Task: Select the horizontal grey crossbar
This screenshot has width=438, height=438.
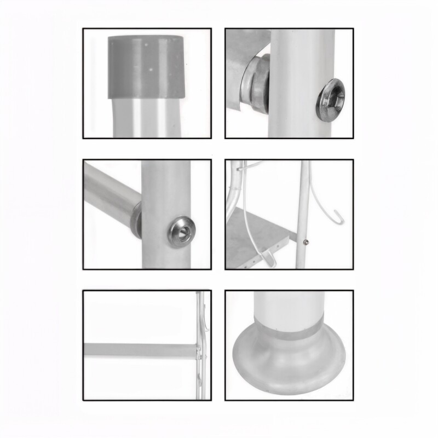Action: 140,348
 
